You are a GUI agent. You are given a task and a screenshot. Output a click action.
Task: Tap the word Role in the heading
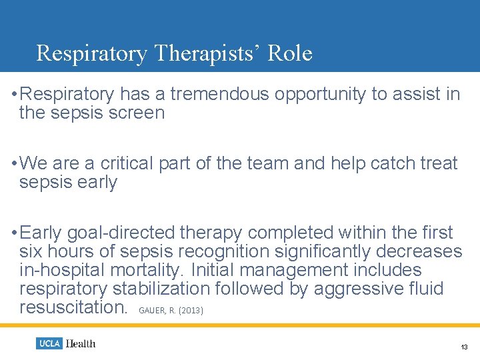click(290, 53)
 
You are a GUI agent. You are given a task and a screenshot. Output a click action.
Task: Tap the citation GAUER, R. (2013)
click(171, 310)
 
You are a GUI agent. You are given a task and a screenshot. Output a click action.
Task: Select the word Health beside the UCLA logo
click(80, 343)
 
